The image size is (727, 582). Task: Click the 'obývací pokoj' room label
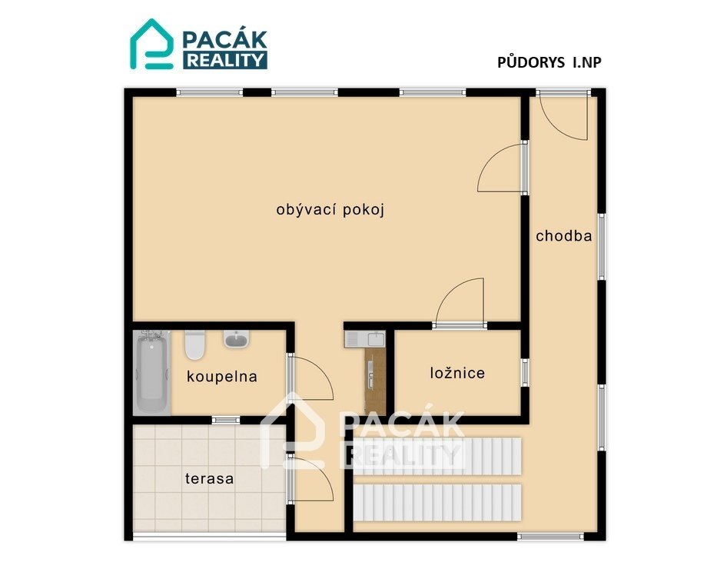pos(330,210)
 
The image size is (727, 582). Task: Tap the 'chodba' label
pos(564,236)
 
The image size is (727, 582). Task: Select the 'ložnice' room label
pos(457,373)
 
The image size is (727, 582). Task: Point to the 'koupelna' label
pos(221,376)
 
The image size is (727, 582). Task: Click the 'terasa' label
pos(209,478)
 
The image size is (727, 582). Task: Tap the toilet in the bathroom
pos(194,344)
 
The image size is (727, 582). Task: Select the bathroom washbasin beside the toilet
pos(237,339)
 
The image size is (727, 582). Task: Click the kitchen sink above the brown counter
pos(365,339)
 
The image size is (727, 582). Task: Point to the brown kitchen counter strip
pos(375,381)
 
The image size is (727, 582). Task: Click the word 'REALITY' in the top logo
pos(225,60)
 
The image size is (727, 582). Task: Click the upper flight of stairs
pos(437,456)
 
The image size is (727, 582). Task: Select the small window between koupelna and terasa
pos(226,420)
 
